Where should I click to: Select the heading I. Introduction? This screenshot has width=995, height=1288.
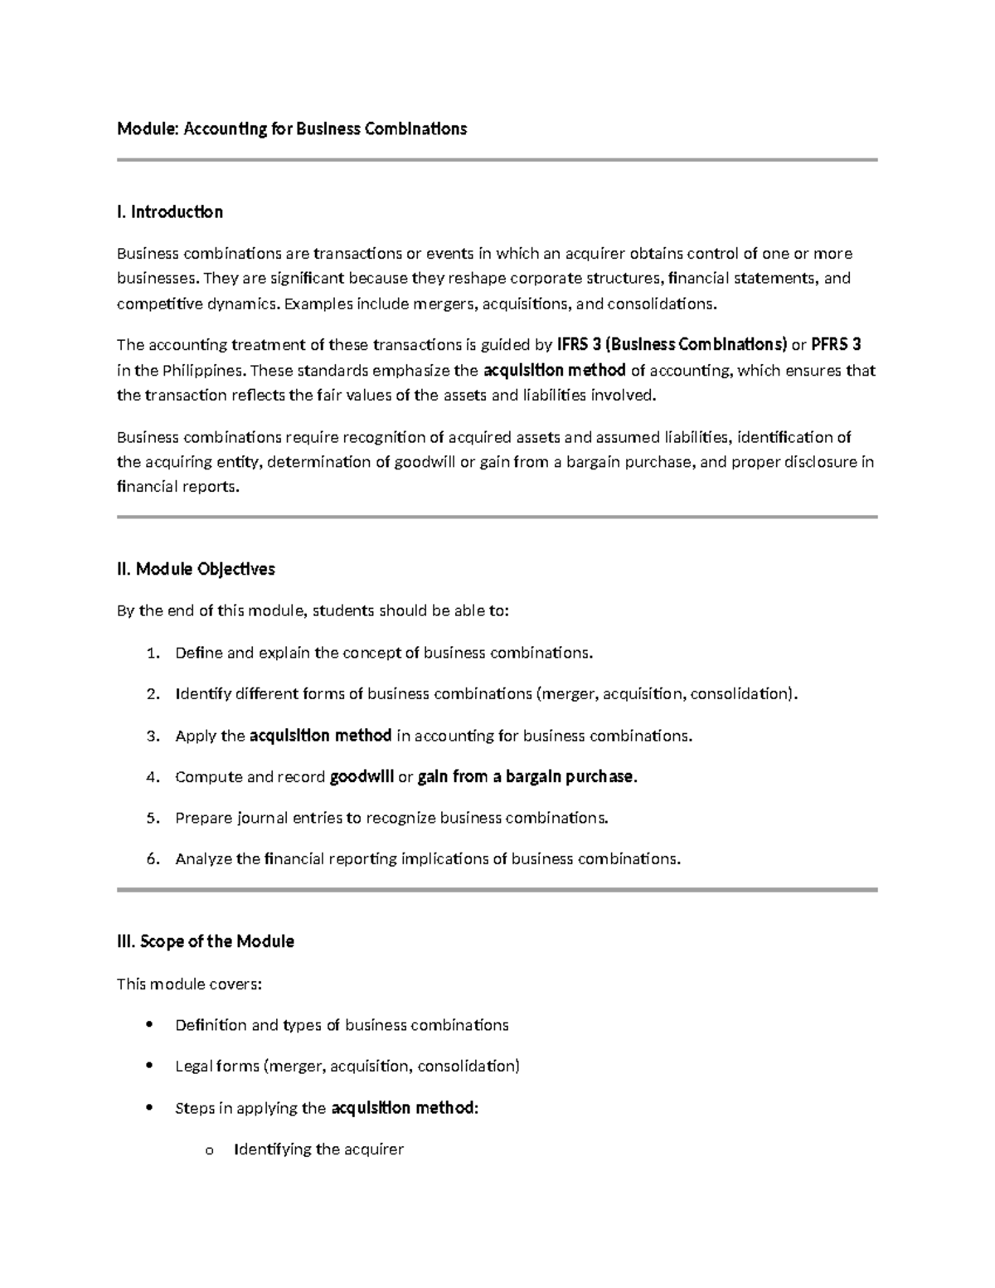[170, 212]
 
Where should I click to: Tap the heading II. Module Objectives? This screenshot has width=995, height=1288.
[196, 569]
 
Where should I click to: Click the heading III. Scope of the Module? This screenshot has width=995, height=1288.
[206, 941]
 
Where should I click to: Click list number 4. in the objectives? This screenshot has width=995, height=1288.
[152, 777]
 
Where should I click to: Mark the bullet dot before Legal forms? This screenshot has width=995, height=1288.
[149, 1066]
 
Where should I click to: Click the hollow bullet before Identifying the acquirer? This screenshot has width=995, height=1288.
[208, 1150]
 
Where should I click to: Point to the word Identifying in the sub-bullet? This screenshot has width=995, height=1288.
[273, 1149]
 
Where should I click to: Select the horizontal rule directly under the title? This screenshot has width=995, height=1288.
[498, 160]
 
